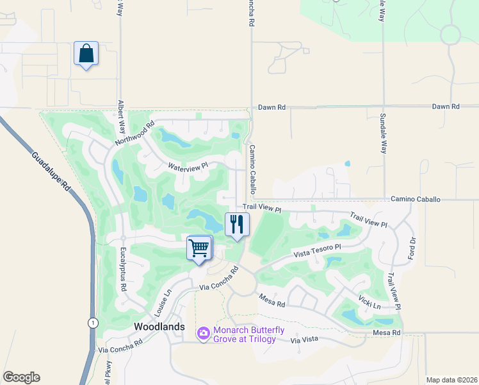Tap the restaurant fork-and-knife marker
click(237, 225)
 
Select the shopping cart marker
click(199, 248)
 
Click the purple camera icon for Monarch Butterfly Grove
click(204, 332)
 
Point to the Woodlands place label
click(159, 327)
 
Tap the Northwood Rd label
click(135, 133)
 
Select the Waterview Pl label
click(188, 166)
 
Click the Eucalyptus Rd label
click(123, 271)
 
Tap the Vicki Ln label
click(370, 301)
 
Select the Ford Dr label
click(412, 250)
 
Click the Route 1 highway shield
click(93, 323)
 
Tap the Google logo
click(21, 377)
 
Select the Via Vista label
click(305, 338)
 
